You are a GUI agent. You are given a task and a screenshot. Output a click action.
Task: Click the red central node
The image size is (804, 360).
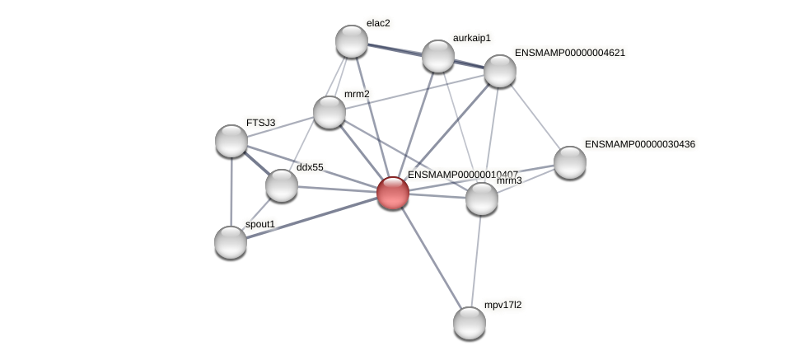(x=393, y=192)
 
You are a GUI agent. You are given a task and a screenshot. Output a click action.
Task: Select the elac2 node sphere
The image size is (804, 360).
(x=352, y=41)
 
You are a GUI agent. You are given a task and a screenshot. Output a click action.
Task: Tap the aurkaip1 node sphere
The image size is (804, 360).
(x=438, y=55)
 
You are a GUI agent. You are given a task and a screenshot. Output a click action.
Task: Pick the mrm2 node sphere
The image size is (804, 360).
(x=330, y=112)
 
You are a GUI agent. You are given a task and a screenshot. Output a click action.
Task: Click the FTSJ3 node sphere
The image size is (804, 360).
(x=231, y=140)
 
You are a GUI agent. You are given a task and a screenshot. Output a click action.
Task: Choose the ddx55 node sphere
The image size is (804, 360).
(x=282, y=185)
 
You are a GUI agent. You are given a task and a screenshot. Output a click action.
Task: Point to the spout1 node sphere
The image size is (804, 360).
(x=231, y=241)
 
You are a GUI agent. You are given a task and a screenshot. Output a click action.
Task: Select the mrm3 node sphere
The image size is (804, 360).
(x=482, y=199)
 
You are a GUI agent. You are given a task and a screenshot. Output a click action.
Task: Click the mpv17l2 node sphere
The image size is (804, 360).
(x=470, y=322)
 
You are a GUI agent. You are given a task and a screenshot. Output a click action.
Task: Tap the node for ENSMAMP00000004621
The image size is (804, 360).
(x=500, y=71)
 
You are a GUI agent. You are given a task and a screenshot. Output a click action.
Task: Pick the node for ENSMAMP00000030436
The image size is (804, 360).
(x=570, y=161)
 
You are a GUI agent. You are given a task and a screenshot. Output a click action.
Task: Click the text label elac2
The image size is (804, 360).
(x=379, y=23)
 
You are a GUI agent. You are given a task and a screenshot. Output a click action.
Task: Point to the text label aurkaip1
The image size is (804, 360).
(x=471, y=38)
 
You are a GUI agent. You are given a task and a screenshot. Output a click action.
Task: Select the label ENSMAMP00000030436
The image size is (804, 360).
(x=639, y=144)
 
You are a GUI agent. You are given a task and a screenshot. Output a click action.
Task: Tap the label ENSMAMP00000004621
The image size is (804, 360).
(x=569, y=53)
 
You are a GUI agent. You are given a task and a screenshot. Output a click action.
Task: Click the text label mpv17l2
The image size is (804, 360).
(x=502, y=305)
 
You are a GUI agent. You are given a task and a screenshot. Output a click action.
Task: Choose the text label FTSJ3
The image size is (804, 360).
(x=260, y=123)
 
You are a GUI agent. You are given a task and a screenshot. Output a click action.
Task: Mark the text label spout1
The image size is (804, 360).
(x=260, y=224)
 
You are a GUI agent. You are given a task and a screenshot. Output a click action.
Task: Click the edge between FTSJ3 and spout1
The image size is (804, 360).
(x=231, y=191)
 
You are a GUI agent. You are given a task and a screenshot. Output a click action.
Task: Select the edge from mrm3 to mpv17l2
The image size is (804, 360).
(x=476, y=260)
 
